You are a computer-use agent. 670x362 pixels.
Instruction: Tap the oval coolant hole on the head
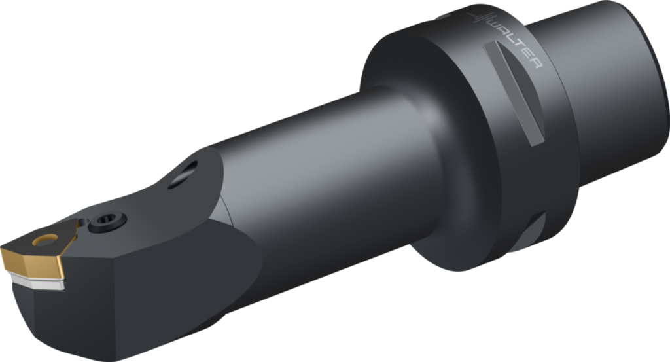tap(183, 176)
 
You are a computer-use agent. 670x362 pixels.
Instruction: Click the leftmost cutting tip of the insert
tap(3, 249)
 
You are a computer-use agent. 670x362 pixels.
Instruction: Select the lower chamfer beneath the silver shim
tap(33, 298)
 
